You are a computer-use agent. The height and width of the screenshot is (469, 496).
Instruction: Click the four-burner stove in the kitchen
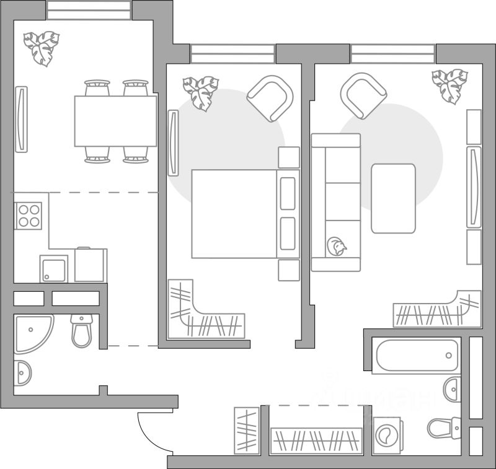coord(29,216)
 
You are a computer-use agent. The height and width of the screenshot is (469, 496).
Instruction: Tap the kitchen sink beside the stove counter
coord(53,268)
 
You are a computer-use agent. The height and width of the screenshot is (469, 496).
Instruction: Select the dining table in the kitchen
coord(115,121)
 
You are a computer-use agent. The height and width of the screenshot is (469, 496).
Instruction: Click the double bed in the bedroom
coord(234,214)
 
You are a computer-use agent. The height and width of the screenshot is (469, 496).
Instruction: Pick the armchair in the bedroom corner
coord(270,97)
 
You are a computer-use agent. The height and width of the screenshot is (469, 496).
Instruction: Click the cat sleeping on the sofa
coord(337,246)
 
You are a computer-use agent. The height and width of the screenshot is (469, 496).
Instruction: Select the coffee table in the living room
coord(393,198)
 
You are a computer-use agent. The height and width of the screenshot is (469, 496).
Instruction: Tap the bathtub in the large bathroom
coord(416,356)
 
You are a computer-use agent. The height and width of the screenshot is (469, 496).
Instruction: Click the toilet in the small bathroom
coord(82,330)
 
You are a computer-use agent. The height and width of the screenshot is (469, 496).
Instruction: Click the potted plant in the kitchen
coord(42,48)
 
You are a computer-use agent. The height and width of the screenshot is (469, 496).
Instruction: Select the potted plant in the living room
coord(449,85)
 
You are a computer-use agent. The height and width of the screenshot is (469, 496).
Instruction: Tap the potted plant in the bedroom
coord(201,91)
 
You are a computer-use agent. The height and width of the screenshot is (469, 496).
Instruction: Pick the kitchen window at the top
coord(89,10)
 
